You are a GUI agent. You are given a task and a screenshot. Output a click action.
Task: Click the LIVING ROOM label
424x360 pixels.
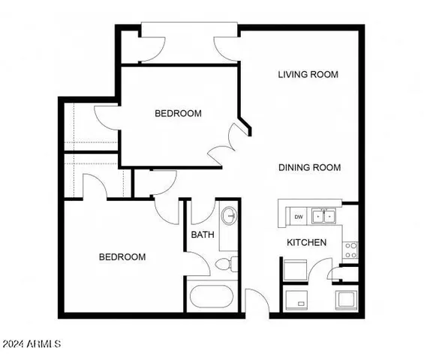(x=308, y=74)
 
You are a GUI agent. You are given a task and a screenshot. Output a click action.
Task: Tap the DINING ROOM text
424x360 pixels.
(x=309, y=167)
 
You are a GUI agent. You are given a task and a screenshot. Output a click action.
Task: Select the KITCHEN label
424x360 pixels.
(x=307, y=242)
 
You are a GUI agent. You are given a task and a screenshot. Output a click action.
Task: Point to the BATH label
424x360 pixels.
(x=203, y=234)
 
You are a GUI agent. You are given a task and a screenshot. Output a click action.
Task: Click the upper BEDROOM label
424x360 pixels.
(x=178, y=113)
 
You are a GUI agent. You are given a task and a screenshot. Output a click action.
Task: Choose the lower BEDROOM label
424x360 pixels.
(x=122, y=256)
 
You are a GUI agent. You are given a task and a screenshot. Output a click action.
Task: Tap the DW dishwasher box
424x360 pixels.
(x=298, y=217)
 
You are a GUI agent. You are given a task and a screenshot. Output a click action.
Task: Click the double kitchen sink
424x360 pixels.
(x=324, y=217)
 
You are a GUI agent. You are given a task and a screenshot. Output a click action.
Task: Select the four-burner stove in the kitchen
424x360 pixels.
(x=350, y=250)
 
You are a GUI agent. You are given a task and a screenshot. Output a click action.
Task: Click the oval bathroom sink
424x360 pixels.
(x=230, y=215)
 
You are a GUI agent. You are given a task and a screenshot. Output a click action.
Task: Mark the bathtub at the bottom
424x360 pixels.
(x=213, y=296)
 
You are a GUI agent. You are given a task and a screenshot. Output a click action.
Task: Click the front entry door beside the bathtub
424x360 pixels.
(x=256, y=301)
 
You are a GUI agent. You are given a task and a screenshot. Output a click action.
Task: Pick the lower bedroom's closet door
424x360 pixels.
(x=93, y=184)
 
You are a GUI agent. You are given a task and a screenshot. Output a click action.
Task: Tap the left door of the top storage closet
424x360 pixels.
(x=153, y=46)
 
